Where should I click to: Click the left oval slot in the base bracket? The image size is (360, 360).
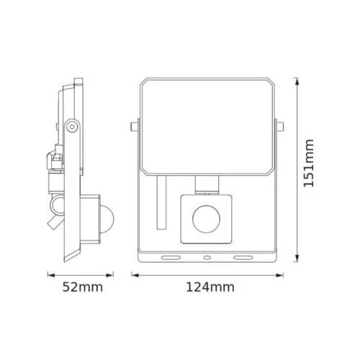click(171, 256)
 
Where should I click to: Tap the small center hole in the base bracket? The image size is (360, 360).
click(207, 256)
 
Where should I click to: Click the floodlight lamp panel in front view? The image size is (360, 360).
click(206, 126)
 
